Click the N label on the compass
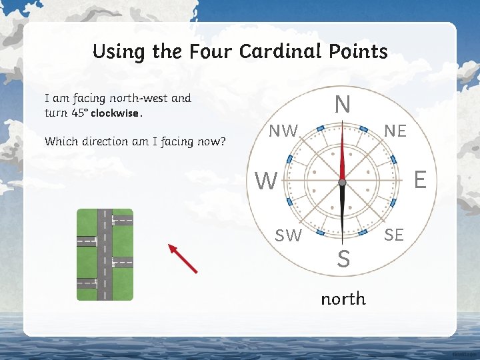click(342, 105)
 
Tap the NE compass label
click(395, 131)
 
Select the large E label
click(420, 179)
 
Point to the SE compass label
click(394, 235)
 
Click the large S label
click(343, 259)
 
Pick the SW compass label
click(289, 235)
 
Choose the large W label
click(266, 181)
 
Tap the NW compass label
click(283, 131)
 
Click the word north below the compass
click(343, 298)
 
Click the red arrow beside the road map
click(183, 259)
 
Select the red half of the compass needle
click(342, 153)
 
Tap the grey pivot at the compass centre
click(342, 182)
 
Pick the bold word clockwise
click(115, 113)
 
